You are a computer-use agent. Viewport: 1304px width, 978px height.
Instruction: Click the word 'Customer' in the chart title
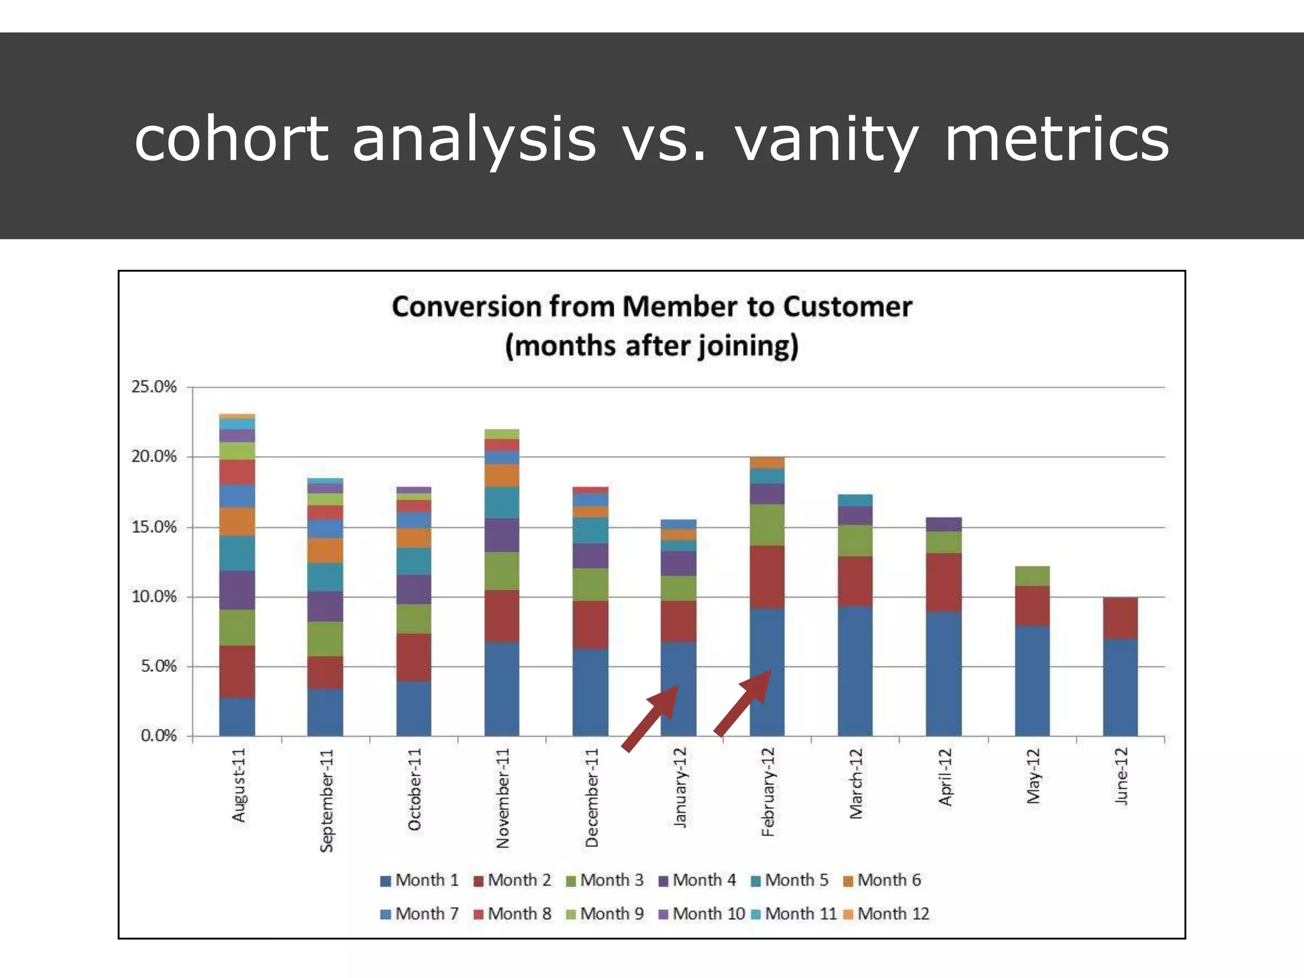click(x=847, y=307)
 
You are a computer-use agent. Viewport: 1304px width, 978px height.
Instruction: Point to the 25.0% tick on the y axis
click(x=153, y=386)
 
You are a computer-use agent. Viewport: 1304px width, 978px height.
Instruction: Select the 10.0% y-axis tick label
click(x=153, y=597)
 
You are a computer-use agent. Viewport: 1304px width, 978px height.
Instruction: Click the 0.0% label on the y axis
click(x=158, y=736)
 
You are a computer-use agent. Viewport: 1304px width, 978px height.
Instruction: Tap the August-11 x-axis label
click(x=239, y=784)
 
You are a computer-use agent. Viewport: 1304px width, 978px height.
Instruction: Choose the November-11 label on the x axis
click(x=503, y=798)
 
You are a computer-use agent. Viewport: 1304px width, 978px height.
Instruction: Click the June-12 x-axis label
click(x=1121, y=776)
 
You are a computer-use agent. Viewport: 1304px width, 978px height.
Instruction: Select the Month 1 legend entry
click(x=419, y=881)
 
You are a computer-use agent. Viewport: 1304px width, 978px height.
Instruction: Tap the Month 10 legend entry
click(x=701, y=914)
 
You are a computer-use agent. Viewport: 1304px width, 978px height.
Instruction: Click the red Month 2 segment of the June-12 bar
click(x=1120, y=618)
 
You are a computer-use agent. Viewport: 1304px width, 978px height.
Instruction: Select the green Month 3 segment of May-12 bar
click(x=1032, y=576)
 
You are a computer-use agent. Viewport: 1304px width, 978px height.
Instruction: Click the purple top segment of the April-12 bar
click(x=944, y=524)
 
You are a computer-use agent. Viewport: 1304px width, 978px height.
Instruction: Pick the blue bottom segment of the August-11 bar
click(x=237, y=716)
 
